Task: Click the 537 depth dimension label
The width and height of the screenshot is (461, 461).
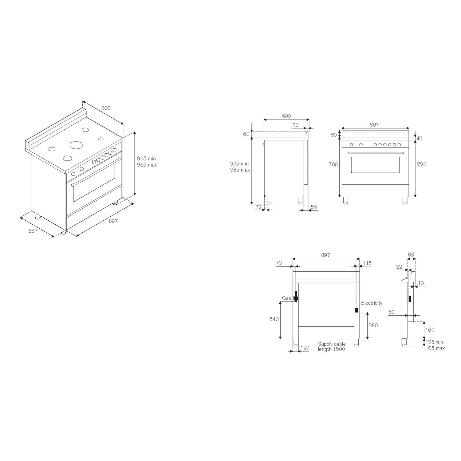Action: point(33,231)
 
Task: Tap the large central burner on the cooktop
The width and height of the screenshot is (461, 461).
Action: point(76,145)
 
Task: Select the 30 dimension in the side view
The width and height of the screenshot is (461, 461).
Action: point(295,125)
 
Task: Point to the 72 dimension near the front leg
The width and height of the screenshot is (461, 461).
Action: point(258,207)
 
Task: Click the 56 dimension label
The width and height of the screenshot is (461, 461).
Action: point(313,207)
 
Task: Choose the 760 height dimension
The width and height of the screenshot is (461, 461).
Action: point(333,164)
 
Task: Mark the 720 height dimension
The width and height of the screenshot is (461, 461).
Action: point(422,164)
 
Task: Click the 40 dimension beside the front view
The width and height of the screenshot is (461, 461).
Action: point(419,138)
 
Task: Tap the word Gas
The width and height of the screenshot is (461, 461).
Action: point(286,298)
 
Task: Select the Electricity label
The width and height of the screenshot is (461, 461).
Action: point(372,303)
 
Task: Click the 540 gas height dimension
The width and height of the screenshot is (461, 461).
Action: point(274,319)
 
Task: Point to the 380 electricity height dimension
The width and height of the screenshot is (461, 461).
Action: point(373,325)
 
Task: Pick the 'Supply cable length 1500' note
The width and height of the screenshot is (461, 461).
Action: point(332,347)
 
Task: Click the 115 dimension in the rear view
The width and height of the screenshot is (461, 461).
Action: point(367,263)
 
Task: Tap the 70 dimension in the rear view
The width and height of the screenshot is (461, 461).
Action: point(278,263)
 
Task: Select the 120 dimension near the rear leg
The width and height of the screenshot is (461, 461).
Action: point(305,348)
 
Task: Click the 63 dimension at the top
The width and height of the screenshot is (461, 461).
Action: point(411,254)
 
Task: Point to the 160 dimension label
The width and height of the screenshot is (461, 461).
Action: point(430,330)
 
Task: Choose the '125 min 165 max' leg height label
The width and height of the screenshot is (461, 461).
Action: point(435,345)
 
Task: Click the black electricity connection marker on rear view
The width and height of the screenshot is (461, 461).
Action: point(356,310)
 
